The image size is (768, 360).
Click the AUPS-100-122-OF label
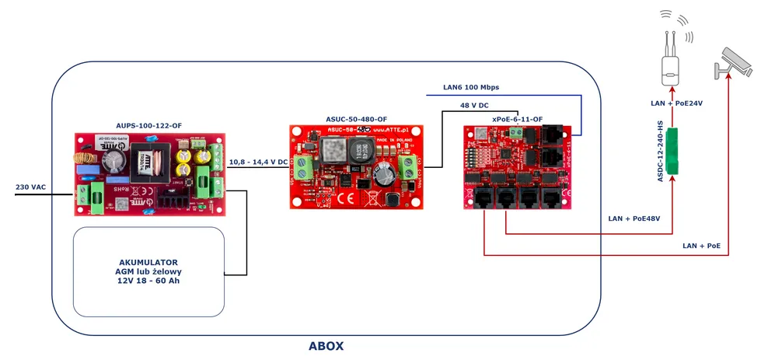pos(148,125)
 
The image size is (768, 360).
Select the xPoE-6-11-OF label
pos(518,119)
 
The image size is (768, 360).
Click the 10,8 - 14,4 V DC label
pos(258,163)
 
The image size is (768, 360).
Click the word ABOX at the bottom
pos(326,346)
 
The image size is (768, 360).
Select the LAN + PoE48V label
pos(634,218)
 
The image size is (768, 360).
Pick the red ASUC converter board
pos(356,166)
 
